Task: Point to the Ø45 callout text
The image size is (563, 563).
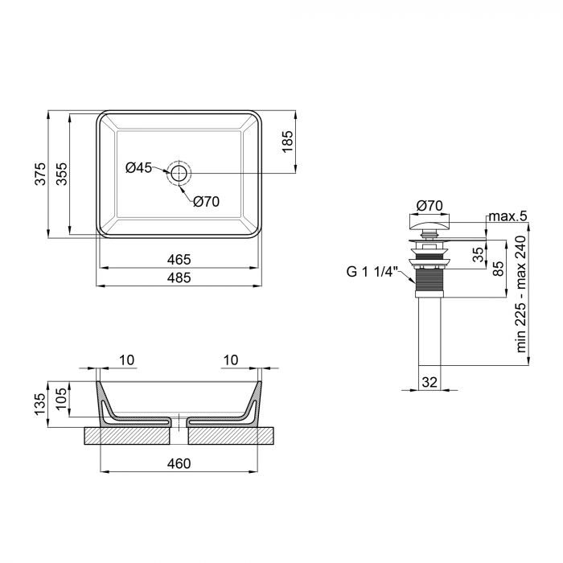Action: (139, 168)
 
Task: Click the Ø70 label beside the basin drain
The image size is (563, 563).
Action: (206, 202)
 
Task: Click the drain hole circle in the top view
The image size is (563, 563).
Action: (179, 172)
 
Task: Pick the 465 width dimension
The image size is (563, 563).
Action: (179, 259)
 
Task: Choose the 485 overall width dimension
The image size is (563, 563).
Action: (179, 277)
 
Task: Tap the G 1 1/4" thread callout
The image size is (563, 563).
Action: (372, 271)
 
